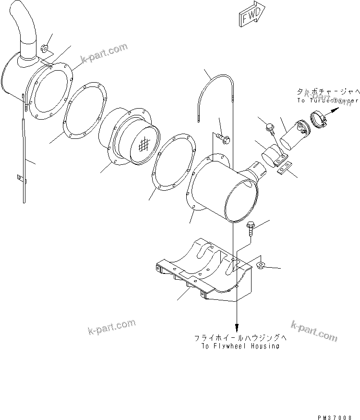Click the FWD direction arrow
tap(249, 17)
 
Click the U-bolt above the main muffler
tap(216, 96)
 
